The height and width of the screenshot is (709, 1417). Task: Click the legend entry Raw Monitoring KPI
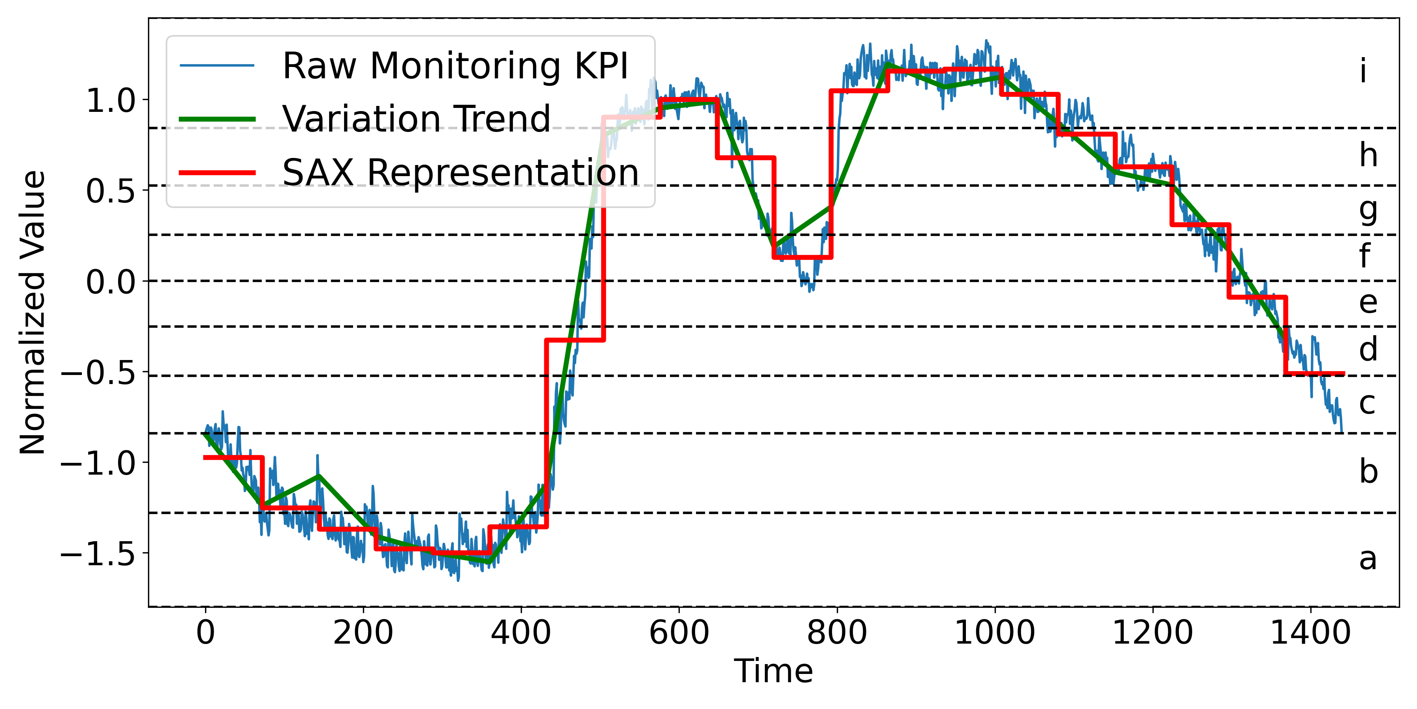click(x=455, y=66)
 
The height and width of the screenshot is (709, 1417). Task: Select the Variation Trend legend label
click(x=416, y=119)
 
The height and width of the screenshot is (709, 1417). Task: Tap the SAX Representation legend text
click(x=461, y=172)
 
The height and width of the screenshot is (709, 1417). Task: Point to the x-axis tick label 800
click(x=837, y=633)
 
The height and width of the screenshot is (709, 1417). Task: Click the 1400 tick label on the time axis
click(x=1310, y=633)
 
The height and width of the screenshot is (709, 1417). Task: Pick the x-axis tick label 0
click(x=206, y=633)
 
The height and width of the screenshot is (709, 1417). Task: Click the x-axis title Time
click(x=773, y=671)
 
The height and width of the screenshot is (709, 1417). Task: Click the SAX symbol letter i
click(x=1363, y=72)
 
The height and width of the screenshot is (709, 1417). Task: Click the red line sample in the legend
click(x=217, y=173)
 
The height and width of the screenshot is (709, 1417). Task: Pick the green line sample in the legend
click(x=217, y=119)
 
